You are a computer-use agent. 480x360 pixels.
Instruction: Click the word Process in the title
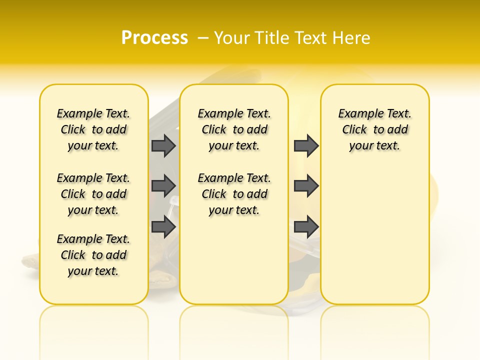154,37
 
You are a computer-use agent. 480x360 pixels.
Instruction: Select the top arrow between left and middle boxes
163,145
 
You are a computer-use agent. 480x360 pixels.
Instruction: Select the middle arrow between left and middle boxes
163,185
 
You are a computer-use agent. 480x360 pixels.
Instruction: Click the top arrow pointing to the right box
306,145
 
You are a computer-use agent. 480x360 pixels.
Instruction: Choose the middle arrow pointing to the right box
306,185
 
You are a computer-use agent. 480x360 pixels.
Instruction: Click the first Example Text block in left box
93,129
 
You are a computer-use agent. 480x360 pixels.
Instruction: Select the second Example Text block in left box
93,194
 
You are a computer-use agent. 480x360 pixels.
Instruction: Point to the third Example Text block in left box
93,255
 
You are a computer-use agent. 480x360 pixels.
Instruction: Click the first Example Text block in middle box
234,129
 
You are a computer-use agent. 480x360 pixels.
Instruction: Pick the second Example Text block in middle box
234,194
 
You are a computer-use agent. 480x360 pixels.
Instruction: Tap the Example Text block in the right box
374,129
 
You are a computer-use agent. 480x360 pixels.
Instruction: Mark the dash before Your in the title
203,38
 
